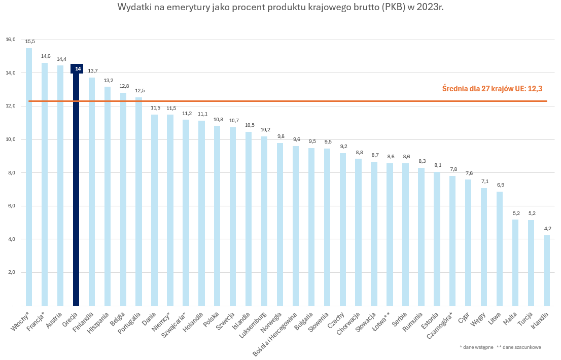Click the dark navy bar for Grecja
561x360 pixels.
76,193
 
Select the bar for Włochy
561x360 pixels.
29,177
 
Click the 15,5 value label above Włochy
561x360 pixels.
30,42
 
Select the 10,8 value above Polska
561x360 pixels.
218,120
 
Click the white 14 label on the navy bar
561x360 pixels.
78,68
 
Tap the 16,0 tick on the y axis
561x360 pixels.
11,40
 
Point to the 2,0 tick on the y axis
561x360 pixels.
11,272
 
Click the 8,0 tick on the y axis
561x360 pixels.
11,173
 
